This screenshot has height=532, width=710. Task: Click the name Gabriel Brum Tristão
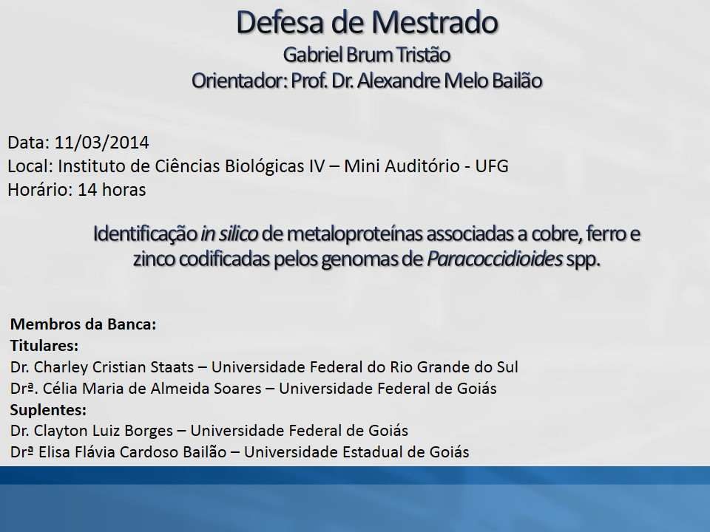click(366, 55)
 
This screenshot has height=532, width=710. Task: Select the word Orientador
click(238, 81)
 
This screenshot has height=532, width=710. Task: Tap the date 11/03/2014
click(102, 143)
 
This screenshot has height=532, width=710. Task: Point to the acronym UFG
click(492, 166)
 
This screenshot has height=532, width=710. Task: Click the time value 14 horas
click(112, 190)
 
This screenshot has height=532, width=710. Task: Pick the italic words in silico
click(229, 234)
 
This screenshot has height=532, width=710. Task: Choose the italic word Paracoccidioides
click(495, 259)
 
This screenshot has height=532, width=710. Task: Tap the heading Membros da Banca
click(83, 324)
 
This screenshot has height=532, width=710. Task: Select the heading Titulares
click(44, 346)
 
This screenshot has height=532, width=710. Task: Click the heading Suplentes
click(48, 409)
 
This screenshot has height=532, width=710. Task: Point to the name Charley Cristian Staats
click(114, 367)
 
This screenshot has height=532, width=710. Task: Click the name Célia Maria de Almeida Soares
click(152, 388)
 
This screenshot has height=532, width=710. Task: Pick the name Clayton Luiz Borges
click(104, 431)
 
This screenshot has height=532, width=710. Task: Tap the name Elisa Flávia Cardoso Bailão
click(132, 452)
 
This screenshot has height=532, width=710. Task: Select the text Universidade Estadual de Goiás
click(356, 452)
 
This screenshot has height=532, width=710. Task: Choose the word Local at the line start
click(29, 166)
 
